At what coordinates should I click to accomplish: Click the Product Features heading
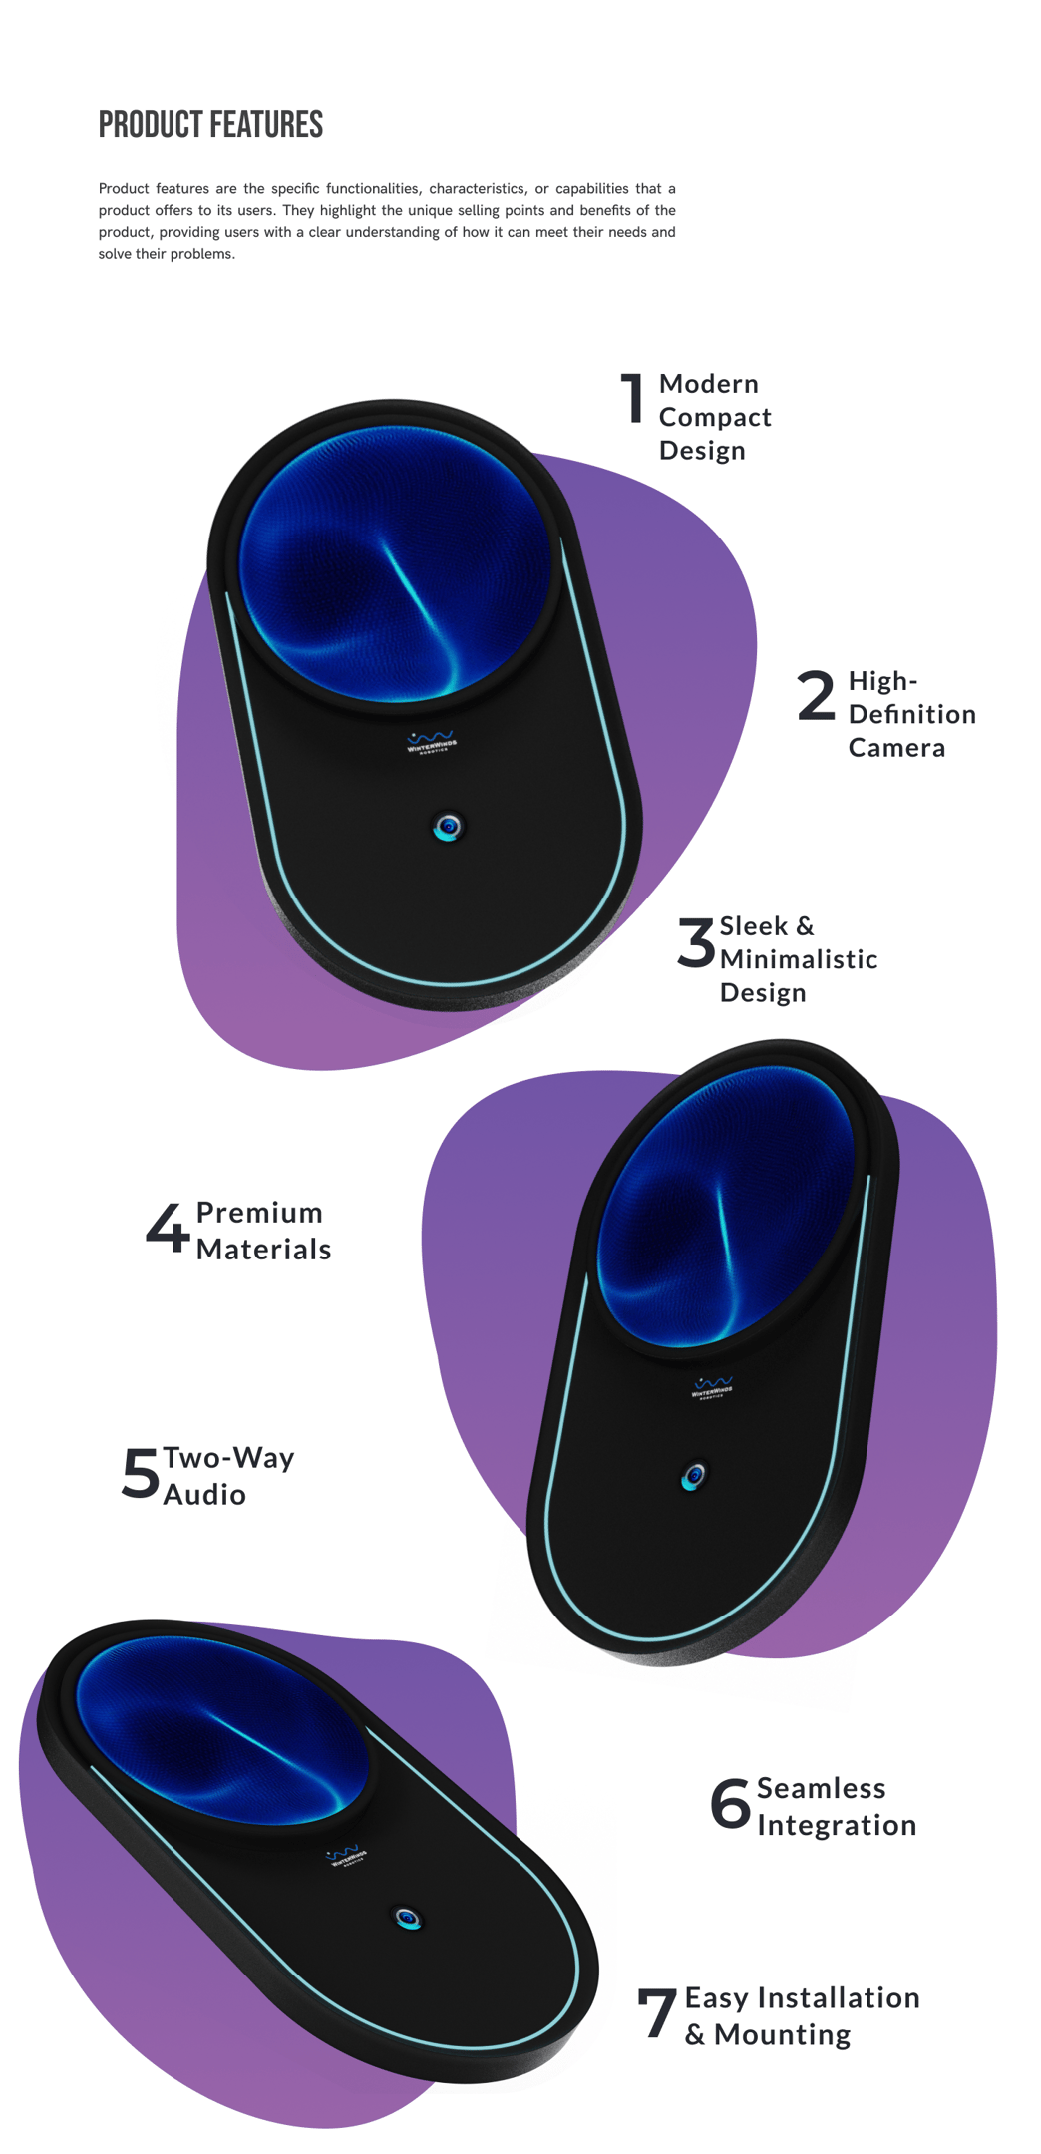pos(210,125)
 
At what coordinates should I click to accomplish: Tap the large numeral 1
pos(632,398)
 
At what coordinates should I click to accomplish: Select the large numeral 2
pos(816,695)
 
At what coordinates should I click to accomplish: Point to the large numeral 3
pos(696,942)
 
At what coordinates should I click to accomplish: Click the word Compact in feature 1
pos(715,418)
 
